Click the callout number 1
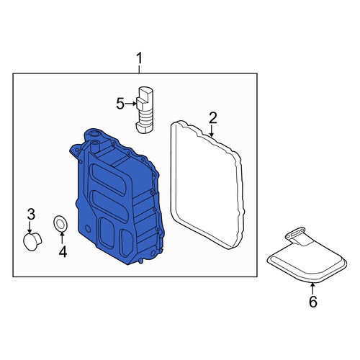(x=139, y=58)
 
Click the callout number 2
(x=212, y=118)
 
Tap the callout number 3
(x=31, y=215)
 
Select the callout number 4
(x=63, y=251)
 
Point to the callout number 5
(x=120, y=104)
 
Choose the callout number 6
(x=313, y=302)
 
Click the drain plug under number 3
(x=32, y=241)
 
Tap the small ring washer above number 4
(x=60, y=224)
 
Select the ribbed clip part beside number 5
(x=145, y=109)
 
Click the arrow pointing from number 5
(x=131, y=104)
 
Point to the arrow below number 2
(x=211, y=131)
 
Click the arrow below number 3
(x=30, y=227)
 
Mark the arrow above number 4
(x=62, y=238)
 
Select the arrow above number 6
(x=312, y=289)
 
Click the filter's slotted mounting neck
(x=294, y=234)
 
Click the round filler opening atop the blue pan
(x=94, y=133)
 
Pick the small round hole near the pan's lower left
(x=88, y=229)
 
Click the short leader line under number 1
(x=139, y=69)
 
